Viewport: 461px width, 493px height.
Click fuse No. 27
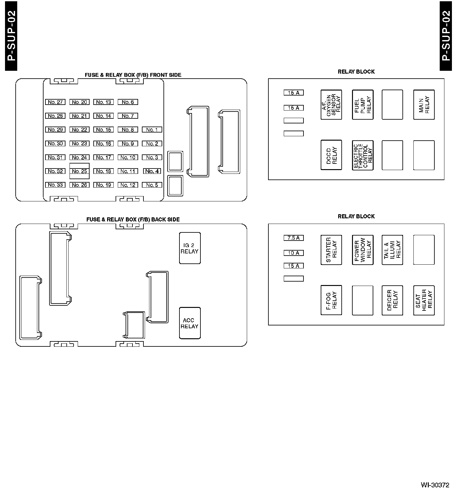[55, 102]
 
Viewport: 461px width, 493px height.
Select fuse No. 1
[152, 130]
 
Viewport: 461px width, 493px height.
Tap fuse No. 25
[80, 171]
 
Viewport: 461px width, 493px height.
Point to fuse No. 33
[55, 185]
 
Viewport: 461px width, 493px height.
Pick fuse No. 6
[128, 102]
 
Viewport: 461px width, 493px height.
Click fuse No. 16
[104, 144]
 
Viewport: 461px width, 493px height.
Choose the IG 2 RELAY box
[190, 248]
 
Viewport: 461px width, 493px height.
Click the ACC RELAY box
[190, 323]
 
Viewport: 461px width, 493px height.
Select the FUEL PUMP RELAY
[363, 105]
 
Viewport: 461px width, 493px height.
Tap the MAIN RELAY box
[424, 105]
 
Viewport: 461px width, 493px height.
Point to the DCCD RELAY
[331, 155]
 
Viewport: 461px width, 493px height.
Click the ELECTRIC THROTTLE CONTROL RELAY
[363, 155]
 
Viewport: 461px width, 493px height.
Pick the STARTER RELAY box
[331, 250]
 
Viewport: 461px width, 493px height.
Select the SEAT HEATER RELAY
[424, 300]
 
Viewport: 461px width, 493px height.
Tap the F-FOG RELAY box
[331, 300]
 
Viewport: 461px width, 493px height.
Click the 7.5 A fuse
[293, 238]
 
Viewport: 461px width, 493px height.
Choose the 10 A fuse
[293, 253]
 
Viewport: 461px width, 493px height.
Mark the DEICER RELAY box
[392, 300]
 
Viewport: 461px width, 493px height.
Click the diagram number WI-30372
[435, 485]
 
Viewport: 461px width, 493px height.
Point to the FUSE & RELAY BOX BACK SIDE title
[133, 220]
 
